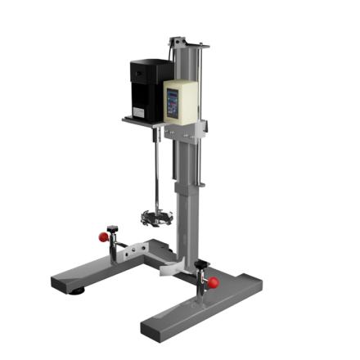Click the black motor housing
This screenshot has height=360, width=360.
click(x=148, y=86)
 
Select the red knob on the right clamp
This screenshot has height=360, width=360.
click(x=214, y=283)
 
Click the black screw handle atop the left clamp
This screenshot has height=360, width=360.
click(x=111, y=229)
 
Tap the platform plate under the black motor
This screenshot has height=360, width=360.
click(x=143, y=122)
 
